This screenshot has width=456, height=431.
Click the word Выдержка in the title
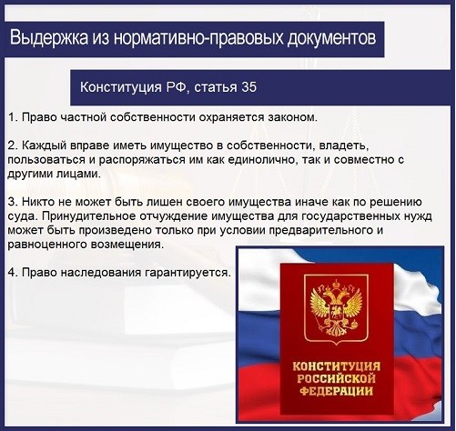coord(49,38)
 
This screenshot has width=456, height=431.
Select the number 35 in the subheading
coord(249,87)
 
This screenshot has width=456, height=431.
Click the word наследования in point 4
coord(101,273)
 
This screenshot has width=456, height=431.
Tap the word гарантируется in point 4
coord(187,273)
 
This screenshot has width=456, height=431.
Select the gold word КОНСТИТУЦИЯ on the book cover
coord(337,366)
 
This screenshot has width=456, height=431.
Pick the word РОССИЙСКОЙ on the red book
coord(336,378)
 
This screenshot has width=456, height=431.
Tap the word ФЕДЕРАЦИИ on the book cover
coord(337,391)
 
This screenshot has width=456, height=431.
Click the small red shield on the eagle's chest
coord(336,311)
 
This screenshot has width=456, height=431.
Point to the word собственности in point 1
coord(152,117)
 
